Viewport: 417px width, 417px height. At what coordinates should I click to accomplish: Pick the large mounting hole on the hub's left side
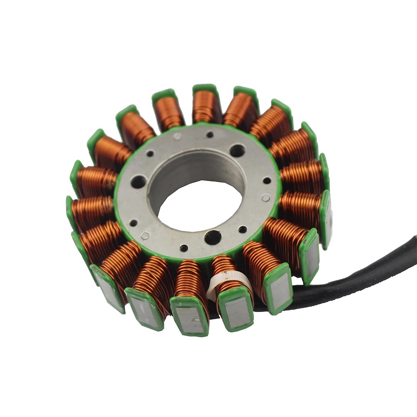[x=139, y=181]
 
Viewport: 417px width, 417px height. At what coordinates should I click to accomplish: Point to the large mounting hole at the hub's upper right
[x=237, y=150]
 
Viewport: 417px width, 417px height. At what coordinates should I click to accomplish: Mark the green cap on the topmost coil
[x=205, y=88]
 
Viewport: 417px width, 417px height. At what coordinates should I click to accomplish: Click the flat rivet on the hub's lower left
[x=145, y=236]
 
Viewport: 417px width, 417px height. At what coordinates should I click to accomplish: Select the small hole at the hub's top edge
[x=210, y=135]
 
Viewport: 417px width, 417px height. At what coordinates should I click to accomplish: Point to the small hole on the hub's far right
[x=267, y=181]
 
